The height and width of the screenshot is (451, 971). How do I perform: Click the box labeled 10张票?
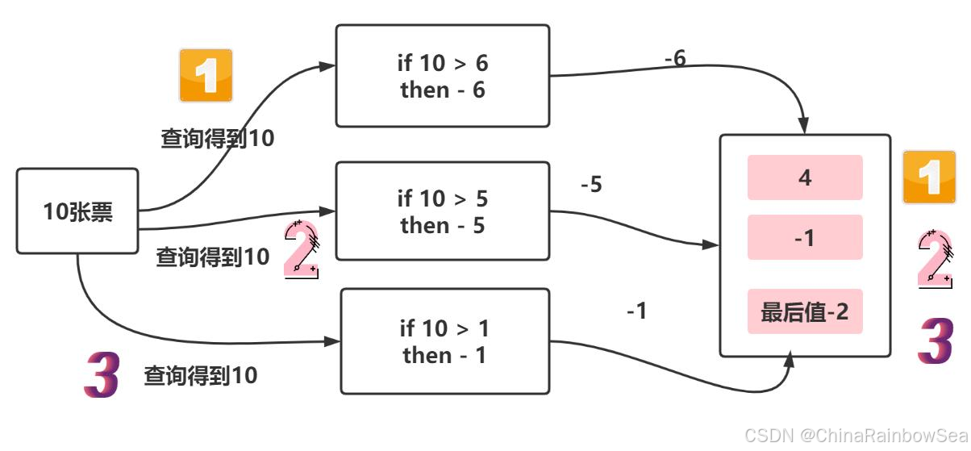click(x=77, y=211)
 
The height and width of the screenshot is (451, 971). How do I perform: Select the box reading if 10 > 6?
click(x=442, y=76)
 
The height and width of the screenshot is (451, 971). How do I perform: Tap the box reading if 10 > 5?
click(x=442, y=211)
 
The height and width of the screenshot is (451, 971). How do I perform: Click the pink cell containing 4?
click(x=805, y=177)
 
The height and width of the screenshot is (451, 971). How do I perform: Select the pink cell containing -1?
click(x=805, y=237)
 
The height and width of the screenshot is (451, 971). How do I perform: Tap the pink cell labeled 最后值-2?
click(x=805, y=311)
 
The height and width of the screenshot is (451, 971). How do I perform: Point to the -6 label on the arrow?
click(x=675, y=59)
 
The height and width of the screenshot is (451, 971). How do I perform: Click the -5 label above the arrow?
click(x=591, y=185)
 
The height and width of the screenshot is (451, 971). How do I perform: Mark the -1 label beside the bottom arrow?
click(x=637, y=311)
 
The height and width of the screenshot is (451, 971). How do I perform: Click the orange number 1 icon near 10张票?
click(x=206, y=76)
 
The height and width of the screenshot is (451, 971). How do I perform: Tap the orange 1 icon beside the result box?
click(x=929, y=177)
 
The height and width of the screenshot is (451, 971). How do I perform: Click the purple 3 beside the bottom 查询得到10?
click(x=102, y=375)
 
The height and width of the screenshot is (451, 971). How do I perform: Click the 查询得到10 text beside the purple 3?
click(x=201, y=375)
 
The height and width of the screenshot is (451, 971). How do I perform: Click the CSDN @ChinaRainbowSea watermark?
click(x=856, y=436)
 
